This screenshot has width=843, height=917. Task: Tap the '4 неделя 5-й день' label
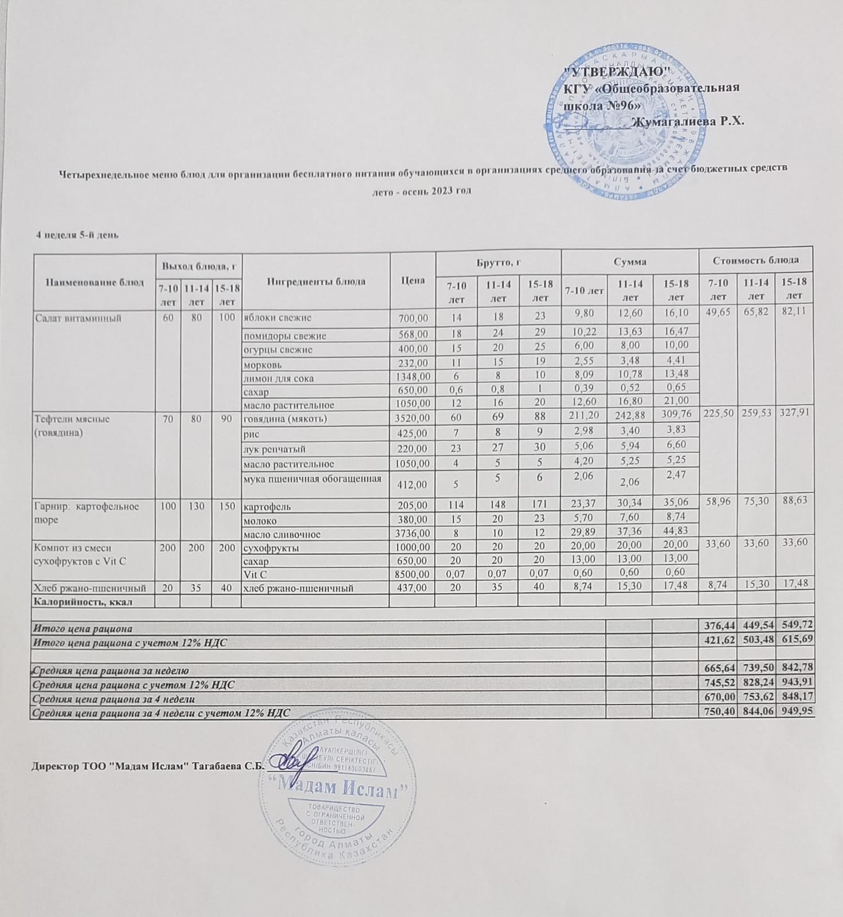point(77,234)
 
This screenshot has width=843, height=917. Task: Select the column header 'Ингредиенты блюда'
point(316,281)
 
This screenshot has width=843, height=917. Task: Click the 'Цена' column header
point(413,280)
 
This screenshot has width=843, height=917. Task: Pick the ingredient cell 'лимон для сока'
point(279,378)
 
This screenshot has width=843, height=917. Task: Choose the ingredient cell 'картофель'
point(267,507)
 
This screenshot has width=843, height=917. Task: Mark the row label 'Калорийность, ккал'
point(85,601)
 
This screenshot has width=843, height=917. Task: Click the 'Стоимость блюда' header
point(755,260)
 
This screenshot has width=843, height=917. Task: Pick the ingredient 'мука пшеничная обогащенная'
point(312,479)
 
